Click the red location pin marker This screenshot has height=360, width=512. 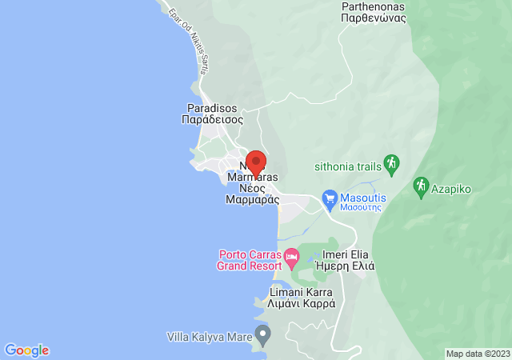point(255,162)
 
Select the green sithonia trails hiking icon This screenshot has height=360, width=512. point(391,163)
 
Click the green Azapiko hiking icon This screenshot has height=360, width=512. point(422,186)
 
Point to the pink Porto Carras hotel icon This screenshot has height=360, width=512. point(291,259)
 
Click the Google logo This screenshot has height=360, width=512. point(26,350)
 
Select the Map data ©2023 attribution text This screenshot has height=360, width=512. point(477,354)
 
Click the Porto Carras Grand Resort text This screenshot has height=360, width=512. point(250,260)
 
